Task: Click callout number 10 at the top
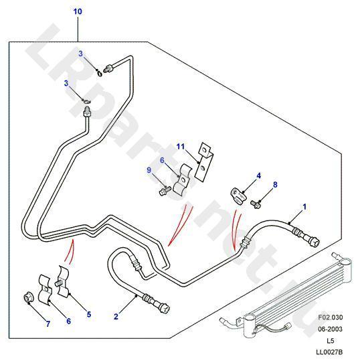(78, 11)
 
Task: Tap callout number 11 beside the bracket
(181, 146)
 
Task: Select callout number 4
(259, 175)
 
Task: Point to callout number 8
(275, 184)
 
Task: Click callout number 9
(149, 170)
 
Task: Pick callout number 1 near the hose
(304, 207)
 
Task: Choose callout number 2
(116, 317)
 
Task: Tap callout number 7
(48, 323)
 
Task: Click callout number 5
(89, 314)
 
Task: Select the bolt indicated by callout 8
(256, 204)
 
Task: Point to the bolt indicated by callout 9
(165, 191)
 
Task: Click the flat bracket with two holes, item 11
(203, 161)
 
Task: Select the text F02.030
(330, 317)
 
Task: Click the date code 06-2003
(330, 329)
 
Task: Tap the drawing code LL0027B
(329, 352)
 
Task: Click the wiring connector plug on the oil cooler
(287, 328)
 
